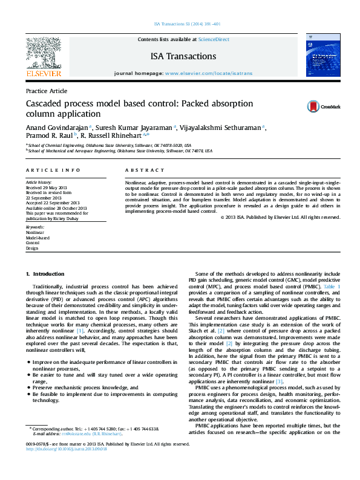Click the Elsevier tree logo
[x=43, y=54]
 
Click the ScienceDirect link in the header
[x=214, y=39]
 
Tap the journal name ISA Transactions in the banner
[x=183, y=56]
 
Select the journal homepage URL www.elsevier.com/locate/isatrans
[x=208, y=73]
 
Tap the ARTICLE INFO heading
[x=53, y=171]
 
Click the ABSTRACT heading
[x=145, y=171]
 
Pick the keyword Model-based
[x=37, y=238]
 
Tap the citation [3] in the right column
[x=279, y=381]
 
